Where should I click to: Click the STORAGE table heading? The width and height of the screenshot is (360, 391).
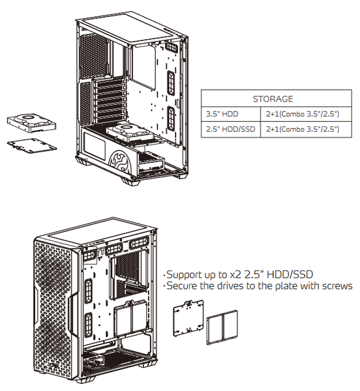[273, 99]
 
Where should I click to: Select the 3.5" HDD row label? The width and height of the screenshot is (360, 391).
[222, 114]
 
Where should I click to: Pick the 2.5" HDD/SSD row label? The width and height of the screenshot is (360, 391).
[230, 129]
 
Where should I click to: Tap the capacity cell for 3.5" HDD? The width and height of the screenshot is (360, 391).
[303, 114]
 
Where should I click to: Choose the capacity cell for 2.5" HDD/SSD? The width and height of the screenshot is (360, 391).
[303, 129]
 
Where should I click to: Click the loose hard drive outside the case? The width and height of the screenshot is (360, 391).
[31, 123]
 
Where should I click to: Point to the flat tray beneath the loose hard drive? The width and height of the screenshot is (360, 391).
[32, 145]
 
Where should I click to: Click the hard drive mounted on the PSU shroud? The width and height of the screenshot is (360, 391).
[130, 133]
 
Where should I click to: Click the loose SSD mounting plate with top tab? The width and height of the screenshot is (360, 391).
[188, 319]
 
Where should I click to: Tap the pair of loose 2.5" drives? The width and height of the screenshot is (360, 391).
[222, 327]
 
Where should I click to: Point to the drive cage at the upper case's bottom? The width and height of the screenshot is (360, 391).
[151, 162]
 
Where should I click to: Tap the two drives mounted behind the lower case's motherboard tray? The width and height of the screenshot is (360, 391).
[130, 319]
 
